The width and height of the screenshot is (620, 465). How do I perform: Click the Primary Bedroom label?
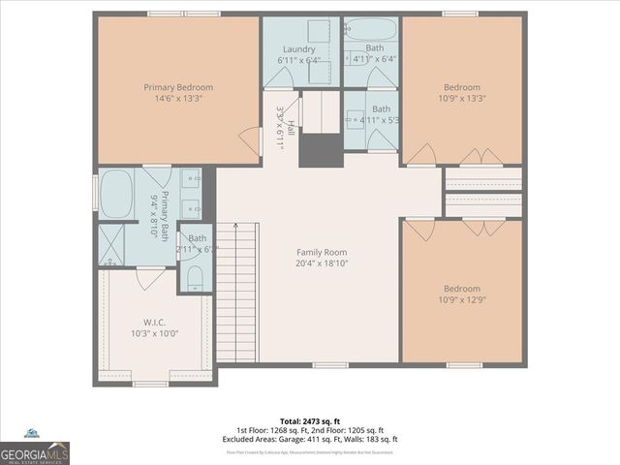point(178,87)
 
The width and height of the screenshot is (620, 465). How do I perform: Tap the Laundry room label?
point(299,49)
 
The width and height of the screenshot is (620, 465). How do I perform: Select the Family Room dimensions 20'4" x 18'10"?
point(322,263)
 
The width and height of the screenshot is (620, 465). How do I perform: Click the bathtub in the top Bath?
point(372,29)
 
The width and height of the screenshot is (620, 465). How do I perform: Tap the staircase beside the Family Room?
point(236,292)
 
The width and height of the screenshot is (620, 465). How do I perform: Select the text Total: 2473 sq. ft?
point(310,421)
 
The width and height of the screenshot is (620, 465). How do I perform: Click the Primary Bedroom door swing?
point(251,140)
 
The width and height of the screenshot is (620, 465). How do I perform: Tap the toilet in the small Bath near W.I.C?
point(194,279)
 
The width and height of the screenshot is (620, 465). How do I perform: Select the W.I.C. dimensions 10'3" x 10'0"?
point(155,333)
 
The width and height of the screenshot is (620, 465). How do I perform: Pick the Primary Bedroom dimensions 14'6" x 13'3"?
point(178,98)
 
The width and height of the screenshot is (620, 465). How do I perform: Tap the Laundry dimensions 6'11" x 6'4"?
point(299,61)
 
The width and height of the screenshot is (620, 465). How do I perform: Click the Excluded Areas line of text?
point(310,439)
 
